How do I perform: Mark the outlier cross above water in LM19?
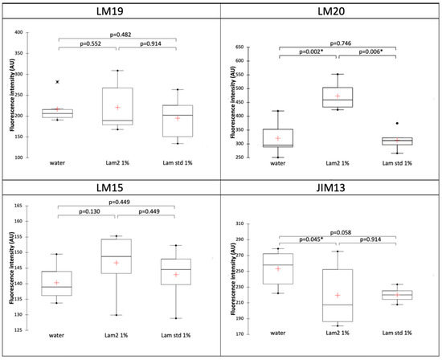pos(57,82)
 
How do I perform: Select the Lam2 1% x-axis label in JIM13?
pos(338,333)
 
